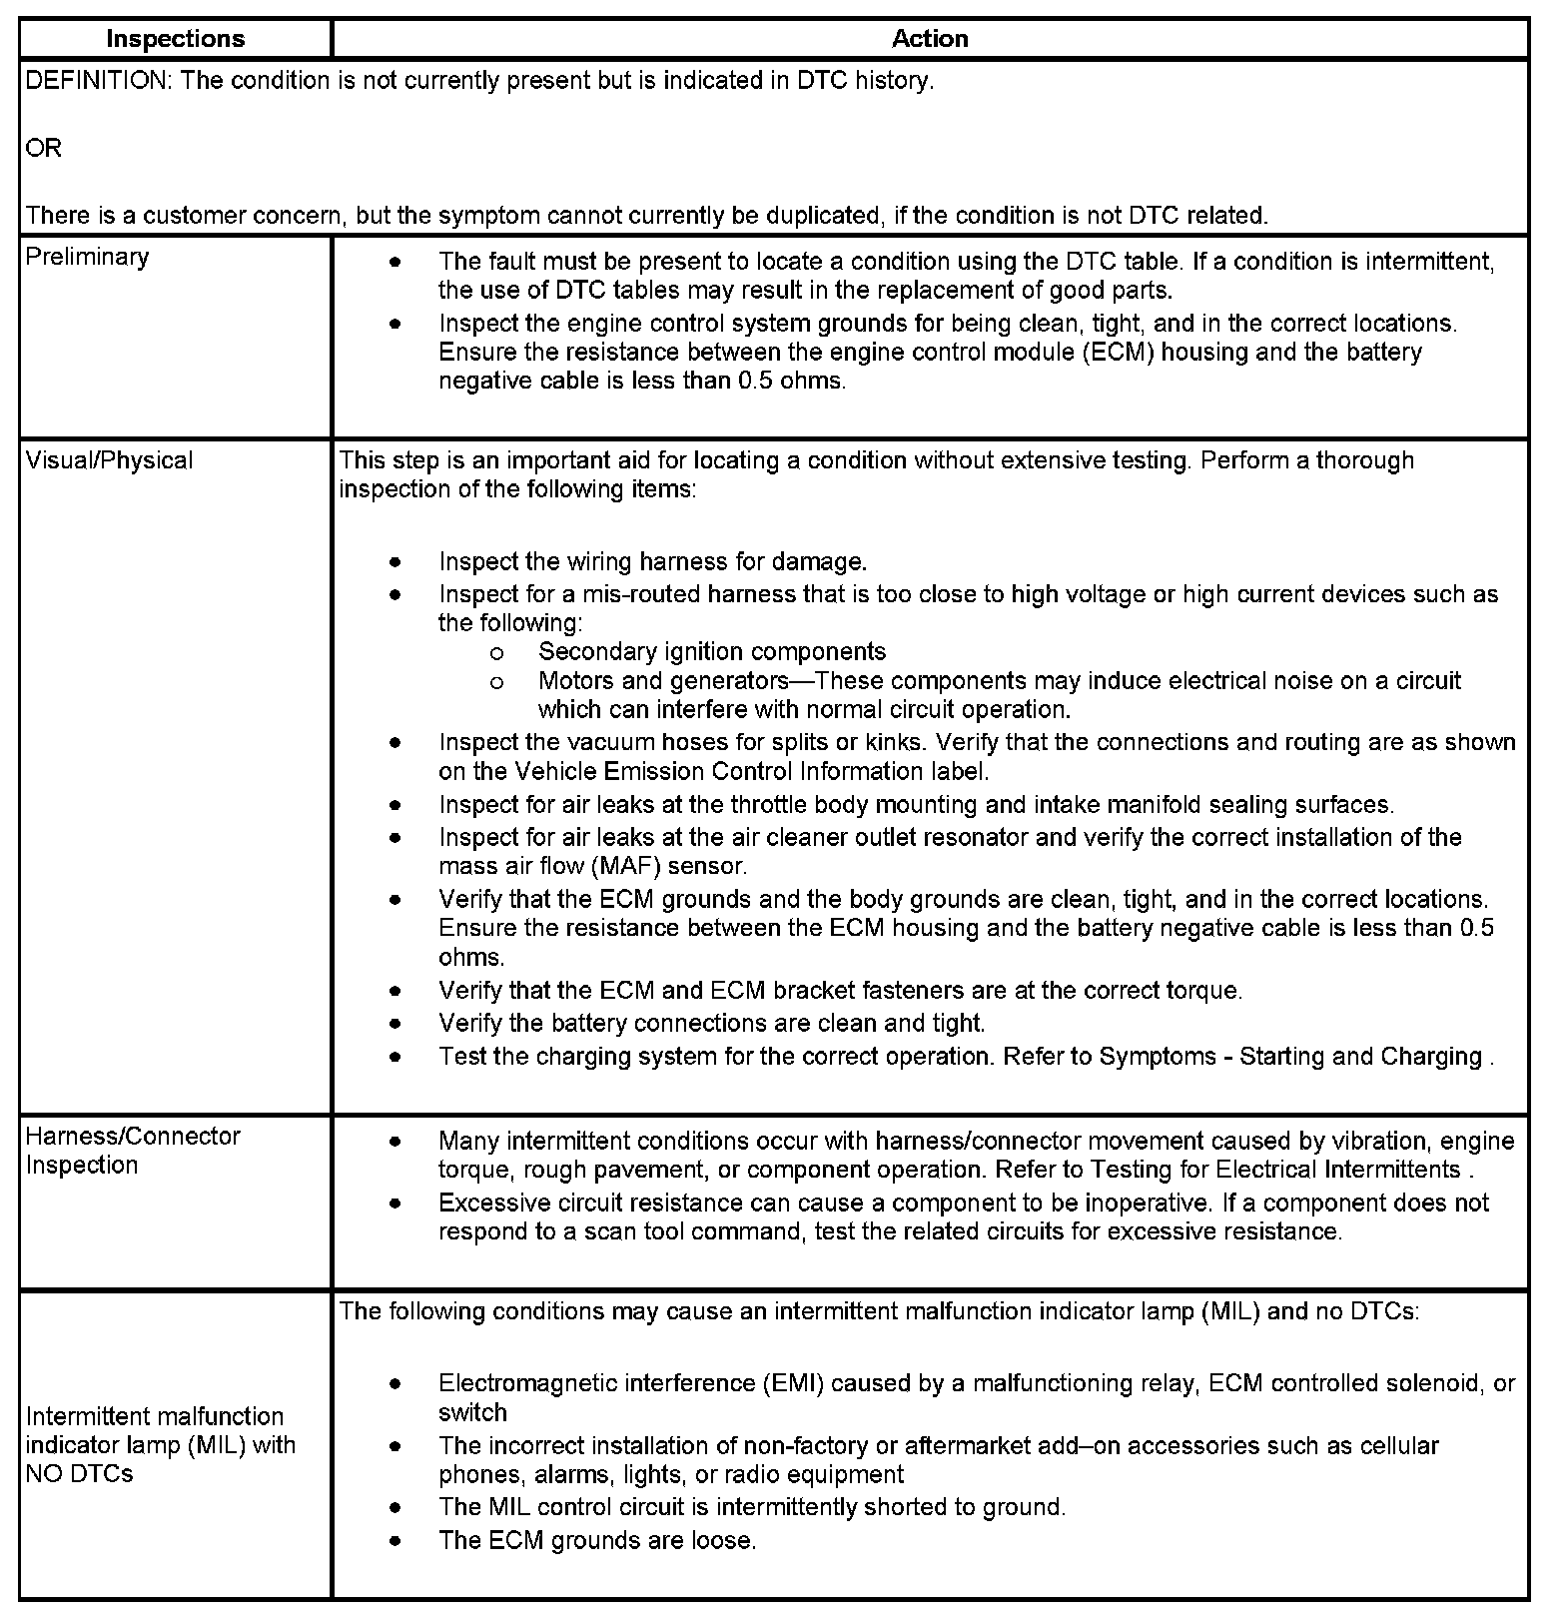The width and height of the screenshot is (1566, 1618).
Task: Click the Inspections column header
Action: pos(175,39)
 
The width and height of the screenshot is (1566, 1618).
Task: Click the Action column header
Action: pos(929,39)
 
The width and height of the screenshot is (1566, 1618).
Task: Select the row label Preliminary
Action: pos(87,257)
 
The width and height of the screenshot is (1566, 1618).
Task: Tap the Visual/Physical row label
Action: pos(109,460)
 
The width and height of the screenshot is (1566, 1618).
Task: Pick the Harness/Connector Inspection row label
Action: pos(133,1151)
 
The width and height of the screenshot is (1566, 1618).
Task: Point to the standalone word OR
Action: pos(43,148)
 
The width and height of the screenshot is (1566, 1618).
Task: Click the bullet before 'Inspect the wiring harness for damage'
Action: pos(396,561)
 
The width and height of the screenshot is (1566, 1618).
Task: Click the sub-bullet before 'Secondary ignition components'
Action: pos(496,653)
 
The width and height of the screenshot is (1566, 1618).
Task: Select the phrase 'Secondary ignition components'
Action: pos(711,652)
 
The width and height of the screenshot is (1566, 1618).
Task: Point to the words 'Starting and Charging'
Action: pos(1360,1057)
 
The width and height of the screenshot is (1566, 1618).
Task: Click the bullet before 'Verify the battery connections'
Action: pos(396,1024)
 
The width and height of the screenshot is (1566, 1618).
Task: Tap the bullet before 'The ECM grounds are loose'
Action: pos(396,1541)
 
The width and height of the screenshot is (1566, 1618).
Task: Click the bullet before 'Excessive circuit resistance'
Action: pos(396,1204)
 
